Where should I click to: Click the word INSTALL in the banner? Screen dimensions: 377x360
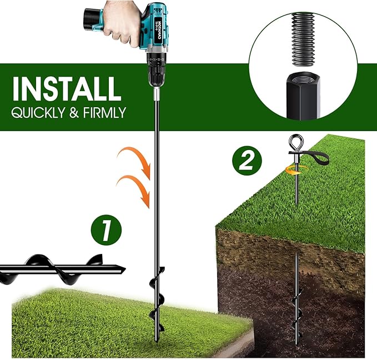[67, 88]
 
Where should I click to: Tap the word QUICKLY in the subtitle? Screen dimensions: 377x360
[38, 113]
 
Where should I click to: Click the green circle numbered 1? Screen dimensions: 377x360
[106, 230]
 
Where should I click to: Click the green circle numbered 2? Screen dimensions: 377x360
[247, 161]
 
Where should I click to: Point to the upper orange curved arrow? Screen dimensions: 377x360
[138, 159]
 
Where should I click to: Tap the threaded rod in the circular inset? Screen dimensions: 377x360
[303, 39]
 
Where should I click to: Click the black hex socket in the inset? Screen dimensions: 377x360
[303, 96]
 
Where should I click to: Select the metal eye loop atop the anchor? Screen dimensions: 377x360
[296, 142]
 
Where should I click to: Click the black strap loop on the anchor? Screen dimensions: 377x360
[317, 157]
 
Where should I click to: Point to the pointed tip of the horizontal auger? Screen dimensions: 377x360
[125, 268]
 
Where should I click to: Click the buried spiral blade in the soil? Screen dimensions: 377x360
[297, 308]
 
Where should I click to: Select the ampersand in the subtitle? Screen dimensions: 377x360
[74, 112]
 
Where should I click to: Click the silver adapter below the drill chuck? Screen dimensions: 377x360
[157, 94]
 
